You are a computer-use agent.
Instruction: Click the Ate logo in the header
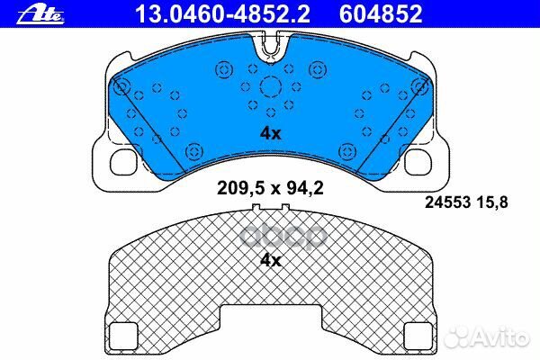(40, 14)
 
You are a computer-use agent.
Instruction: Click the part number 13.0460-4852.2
(222, 13)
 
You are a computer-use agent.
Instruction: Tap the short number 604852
(381, 13)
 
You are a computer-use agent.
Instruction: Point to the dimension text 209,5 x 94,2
(270, 188)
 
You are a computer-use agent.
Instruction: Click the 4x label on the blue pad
(271, 133)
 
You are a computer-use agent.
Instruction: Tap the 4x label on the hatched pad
(271, 261)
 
